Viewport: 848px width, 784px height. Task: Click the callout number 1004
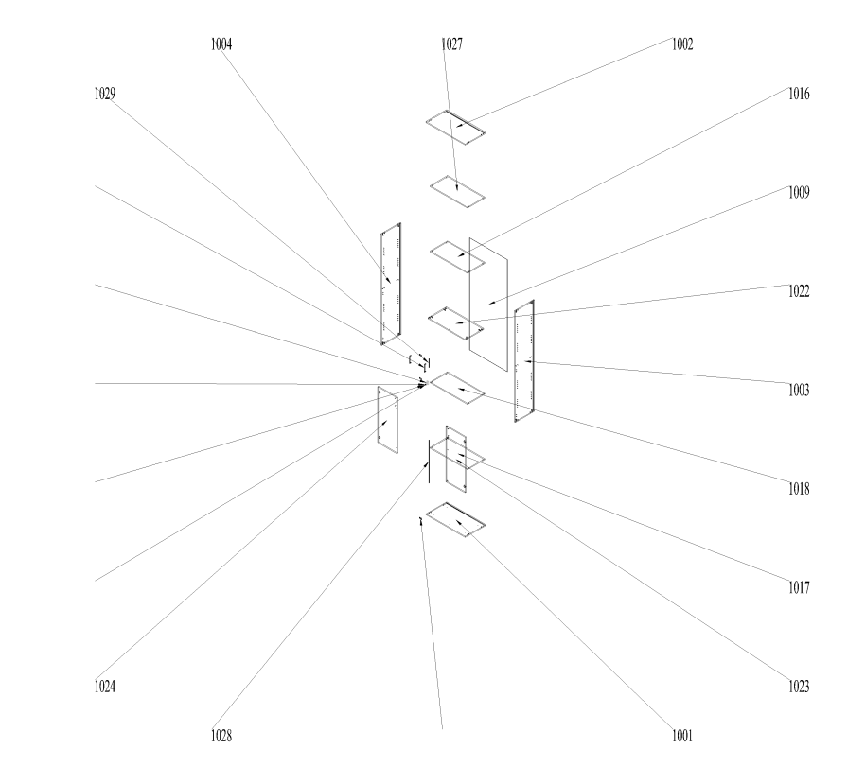pyautogui.click(x=221, y=44)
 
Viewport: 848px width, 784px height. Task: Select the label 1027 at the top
pyautogui.click(x=451, y=44)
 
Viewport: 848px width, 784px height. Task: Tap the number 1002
pyautogui.click(x=682, y=44)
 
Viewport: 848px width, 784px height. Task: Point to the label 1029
pyautogui.click(x=105, y=94)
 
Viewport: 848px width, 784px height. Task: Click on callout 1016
pyautogui.click(x=799, y=94)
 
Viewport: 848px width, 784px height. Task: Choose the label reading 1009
pyautogui.click(x=799, y=193)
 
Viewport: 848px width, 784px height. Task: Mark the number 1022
pyautogui.click(x=799, y=292)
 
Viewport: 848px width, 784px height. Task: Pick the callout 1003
pyautogui.click(x=799, y=391)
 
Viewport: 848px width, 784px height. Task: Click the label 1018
pyautogui.click(x=799, y=489)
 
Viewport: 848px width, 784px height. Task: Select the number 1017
pyautogui.click(x=799, y=588)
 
